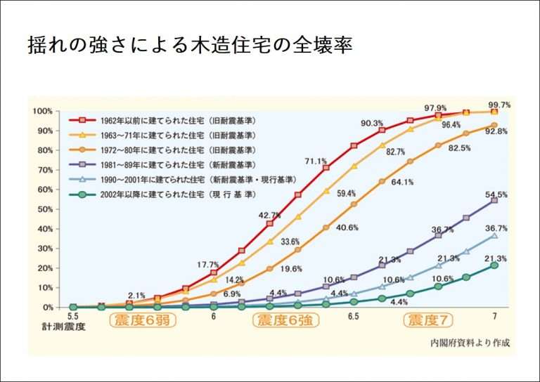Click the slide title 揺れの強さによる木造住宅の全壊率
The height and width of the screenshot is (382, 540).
(190, 46)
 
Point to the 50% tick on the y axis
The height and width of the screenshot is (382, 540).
(44, 209)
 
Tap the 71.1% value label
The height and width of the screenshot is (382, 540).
(315, 162)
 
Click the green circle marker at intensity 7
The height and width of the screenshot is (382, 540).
(494, 265)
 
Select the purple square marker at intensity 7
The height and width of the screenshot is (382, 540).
(494, 200)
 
